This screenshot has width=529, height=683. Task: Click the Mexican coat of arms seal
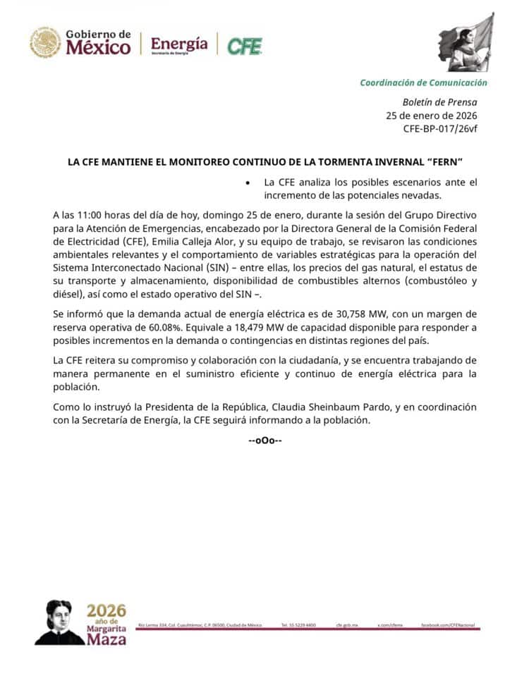pyautogui.click(x=45, y=42)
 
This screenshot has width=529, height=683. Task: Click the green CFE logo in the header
pyautogui.click(x=244, y=46)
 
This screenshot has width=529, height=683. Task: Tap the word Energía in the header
pyautogui.click(x=179, y=44)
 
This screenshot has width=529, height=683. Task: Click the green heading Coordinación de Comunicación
pyautogui.click(x=423, y=82)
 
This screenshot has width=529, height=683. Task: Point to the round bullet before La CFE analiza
pyautogui.click(x=246, y=183)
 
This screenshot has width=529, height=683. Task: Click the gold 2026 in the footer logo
pyautogui.click(x=107, y=610)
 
